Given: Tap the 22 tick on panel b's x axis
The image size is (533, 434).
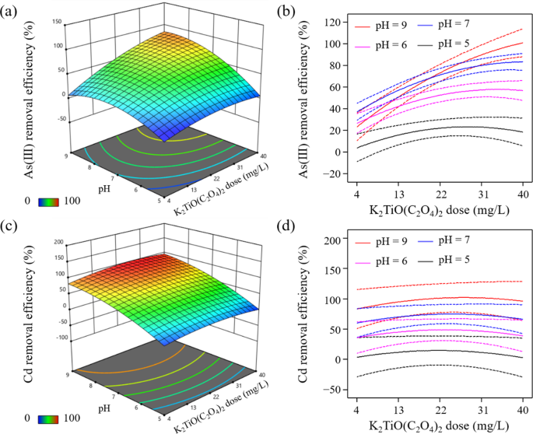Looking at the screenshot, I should coord(440,194).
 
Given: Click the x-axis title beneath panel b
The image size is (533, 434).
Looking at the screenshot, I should coord(440,212).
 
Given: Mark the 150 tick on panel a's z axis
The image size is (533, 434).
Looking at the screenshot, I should coord(57,23).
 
